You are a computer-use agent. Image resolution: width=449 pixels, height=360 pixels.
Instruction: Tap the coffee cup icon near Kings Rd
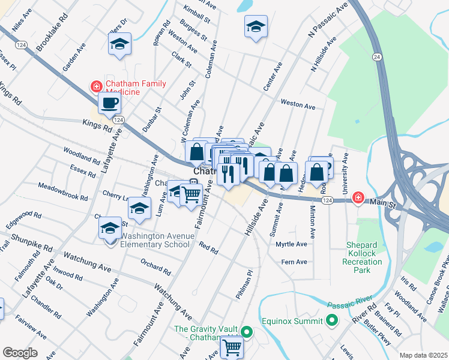(x=109, y=103)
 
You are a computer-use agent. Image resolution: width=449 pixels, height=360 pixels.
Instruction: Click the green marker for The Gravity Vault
(x=246, y=332)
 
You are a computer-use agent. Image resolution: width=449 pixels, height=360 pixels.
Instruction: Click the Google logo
(x=20, y=353)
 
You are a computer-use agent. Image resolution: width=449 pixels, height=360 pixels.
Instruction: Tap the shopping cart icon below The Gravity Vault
(x=231, y=346)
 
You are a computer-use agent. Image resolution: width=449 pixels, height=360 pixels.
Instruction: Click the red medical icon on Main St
(x=358, y=197)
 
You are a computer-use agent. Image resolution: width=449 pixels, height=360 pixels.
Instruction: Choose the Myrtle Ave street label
(x=291, y=244)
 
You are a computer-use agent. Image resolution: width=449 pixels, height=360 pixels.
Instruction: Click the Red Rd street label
(x=208, y=247)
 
